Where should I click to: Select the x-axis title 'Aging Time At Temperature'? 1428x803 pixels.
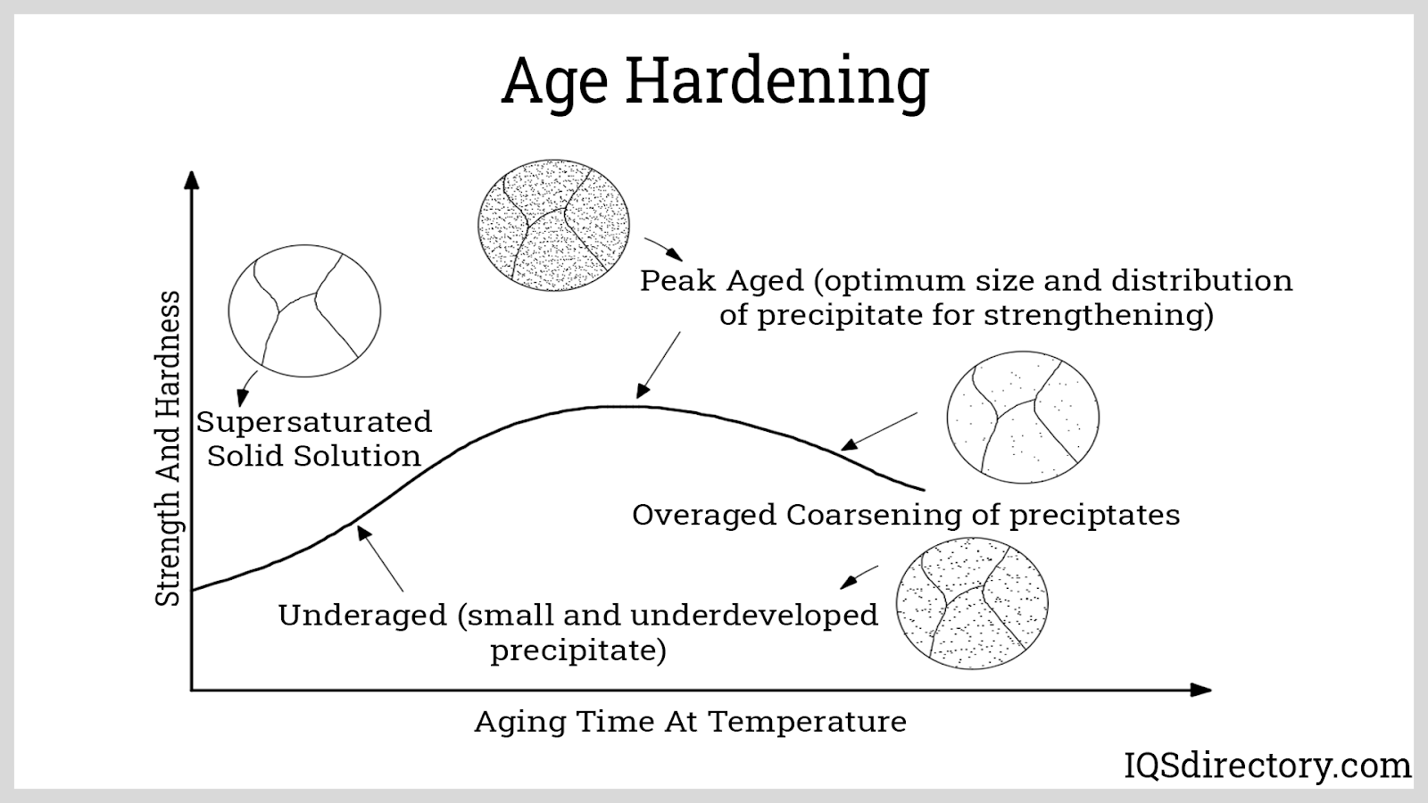point(691,722)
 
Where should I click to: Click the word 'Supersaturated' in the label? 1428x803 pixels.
point(314,422)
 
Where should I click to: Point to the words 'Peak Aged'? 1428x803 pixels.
point(722,281)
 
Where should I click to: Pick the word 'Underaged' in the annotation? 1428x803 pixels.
point(362,616)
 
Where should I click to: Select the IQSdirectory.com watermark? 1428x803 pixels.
point(1267,766)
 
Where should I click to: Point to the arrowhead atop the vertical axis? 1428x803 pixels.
point(191,179)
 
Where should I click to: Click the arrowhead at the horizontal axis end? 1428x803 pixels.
point(1201,691)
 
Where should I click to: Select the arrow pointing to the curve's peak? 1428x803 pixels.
point(659,365)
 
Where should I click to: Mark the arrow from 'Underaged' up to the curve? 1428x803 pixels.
point(380,559)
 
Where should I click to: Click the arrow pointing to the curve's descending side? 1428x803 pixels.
point(879,432)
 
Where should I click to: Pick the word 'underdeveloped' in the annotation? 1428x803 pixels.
point(754,616)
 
